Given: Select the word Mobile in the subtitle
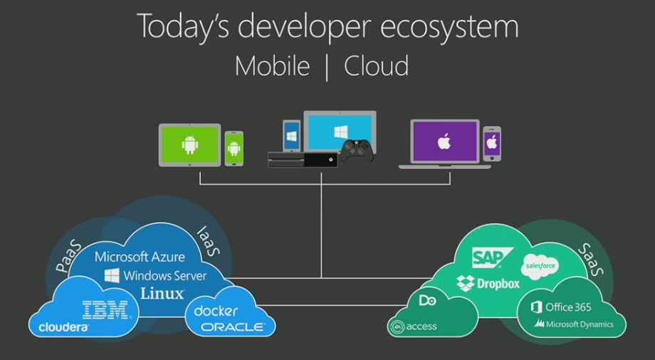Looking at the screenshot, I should (272, 66).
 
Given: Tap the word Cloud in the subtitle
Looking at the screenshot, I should (377, 66).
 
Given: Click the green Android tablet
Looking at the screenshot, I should (189, 144).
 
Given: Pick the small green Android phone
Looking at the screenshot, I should (234, 148).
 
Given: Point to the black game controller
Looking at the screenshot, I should (356, 150).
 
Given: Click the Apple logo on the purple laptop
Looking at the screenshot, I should (444, 142).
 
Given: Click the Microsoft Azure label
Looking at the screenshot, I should (140, 257).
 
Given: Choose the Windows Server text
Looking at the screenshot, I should (155, 275).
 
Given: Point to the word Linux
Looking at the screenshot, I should (162, 292).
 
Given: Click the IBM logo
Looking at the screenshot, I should (105, 309).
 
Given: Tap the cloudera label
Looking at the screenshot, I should (64, 327).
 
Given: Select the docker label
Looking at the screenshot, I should (216, 311).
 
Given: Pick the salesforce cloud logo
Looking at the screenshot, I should (539, 266).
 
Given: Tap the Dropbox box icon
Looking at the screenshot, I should (466, 283).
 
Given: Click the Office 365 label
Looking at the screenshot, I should (561, 307).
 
